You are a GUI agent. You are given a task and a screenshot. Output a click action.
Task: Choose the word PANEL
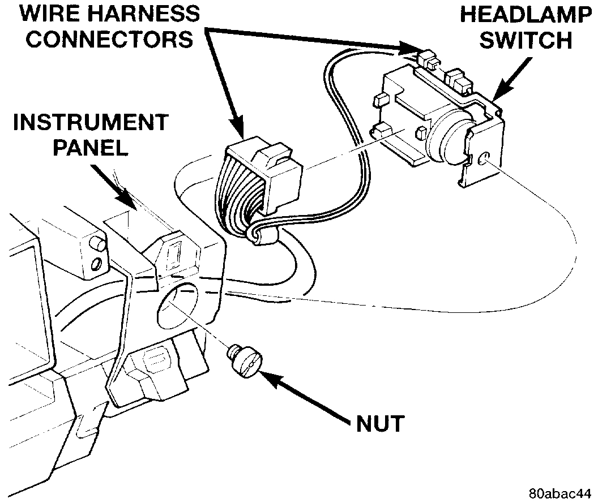coord(91,148)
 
